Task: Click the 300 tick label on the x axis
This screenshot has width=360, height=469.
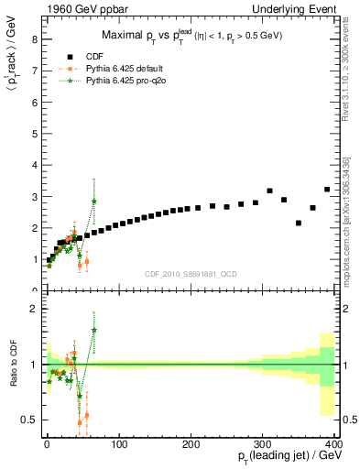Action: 264,444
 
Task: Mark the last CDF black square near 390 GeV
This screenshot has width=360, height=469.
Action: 327,190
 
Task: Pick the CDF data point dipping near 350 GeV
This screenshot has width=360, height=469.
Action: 299,223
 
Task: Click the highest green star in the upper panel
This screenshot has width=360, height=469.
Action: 94,202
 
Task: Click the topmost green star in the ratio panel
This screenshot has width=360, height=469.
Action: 94,330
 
